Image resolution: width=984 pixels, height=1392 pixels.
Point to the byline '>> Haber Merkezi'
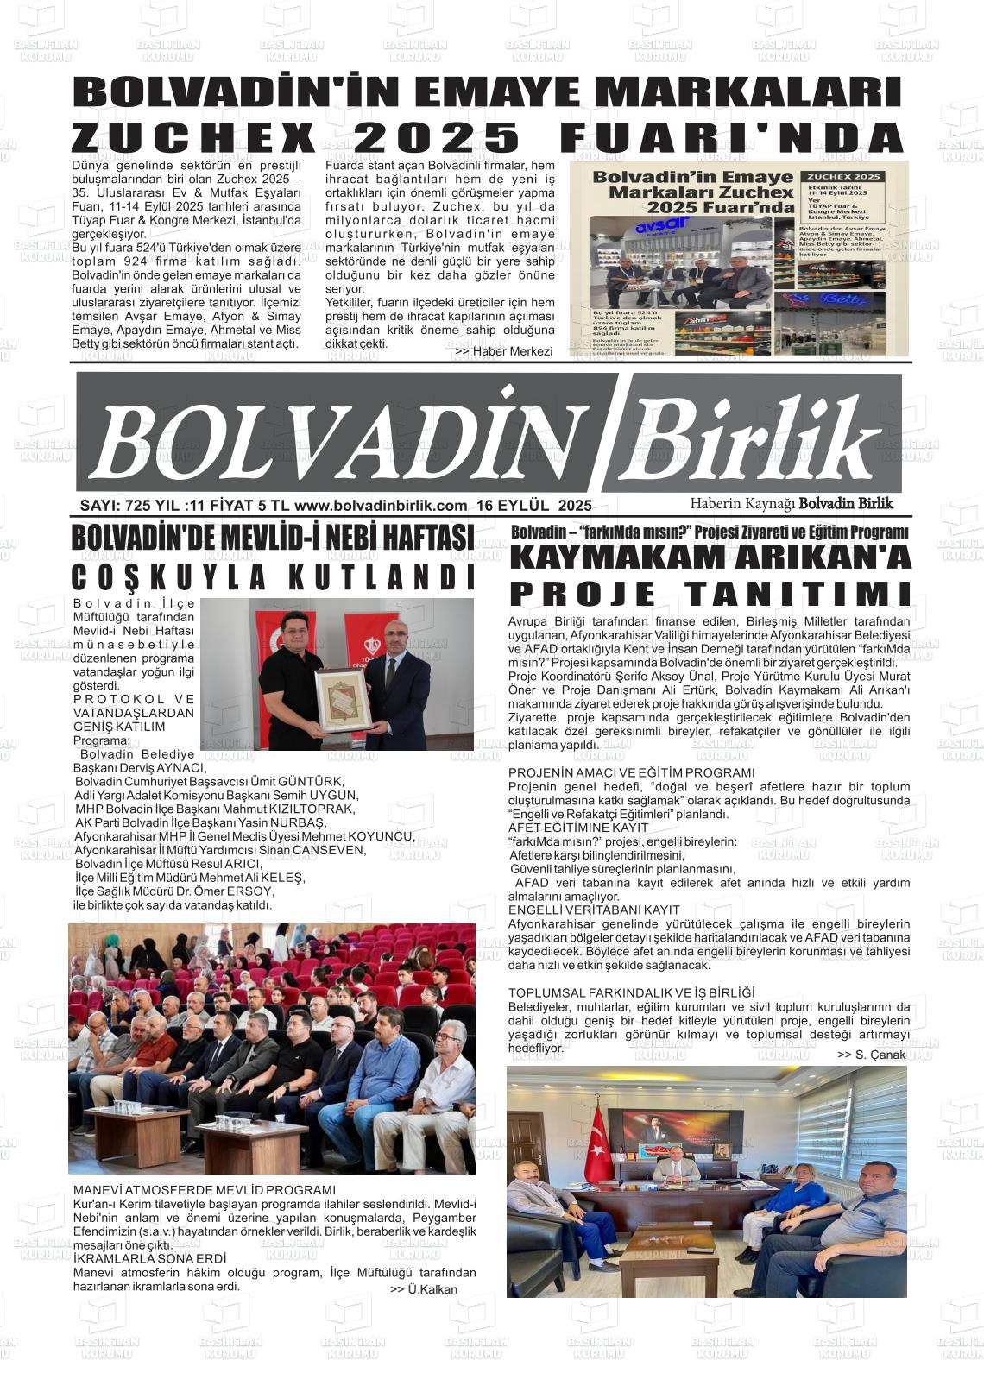coord(503,351)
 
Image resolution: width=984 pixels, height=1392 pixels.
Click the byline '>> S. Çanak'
coord(871,1055)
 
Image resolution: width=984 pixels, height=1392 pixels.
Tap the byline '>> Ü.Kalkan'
coord(424,1289)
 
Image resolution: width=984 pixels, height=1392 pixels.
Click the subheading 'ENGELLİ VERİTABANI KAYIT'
coord(594,910)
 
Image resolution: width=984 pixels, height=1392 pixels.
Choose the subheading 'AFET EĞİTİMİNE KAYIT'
coord(577,828)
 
